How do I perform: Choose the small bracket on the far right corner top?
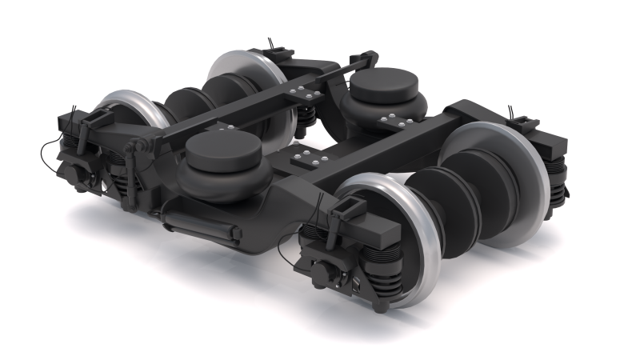tap(524, 124)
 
